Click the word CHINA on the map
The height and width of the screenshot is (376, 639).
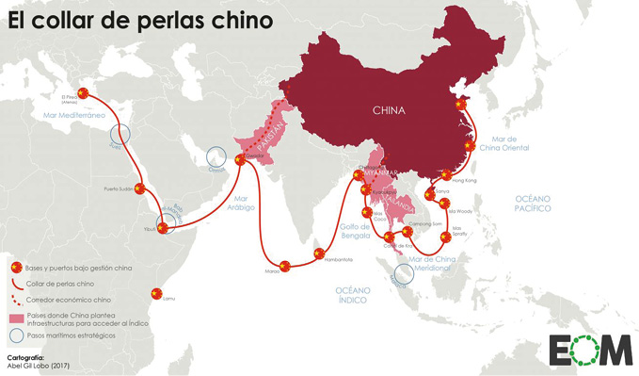389,110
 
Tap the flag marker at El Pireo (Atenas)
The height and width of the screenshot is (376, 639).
83,91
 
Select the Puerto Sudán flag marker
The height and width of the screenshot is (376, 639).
139,188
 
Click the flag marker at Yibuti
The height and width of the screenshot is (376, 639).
161,228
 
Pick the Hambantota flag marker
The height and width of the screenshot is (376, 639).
319,253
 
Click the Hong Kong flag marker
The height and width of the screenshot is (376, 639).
446,174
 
